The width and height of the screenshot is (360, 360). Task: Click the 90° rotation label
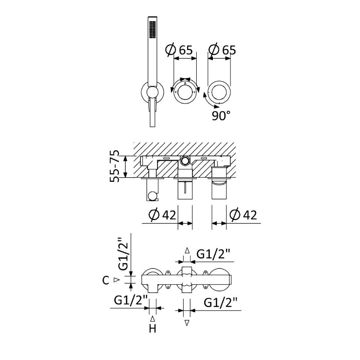pyautogui.click(x=221, y=116)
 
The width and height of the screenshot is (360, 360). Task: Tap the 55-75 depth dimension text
pyautogui.click(x=115, y=166)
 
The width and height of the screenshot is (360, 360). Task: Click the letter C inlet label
pyautogui.click(x=106, y=280)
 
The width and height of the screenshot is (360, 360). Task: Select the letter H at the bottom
pyautogui.click(x=153, y=328)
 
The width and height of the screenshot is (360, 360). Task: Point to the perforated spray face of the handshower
pyautogui.click(x=152, y=29)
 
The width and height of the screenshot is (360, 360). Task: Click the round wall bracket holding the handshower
pyautogui.click(x=153, y=92)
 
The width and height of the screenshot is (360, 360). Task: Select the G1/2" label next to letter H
pyautogui.click(x=130, y=301)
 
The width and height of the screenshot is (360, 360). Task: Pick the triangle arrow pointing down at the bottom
pyautogui.click(x=187, y=323)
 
